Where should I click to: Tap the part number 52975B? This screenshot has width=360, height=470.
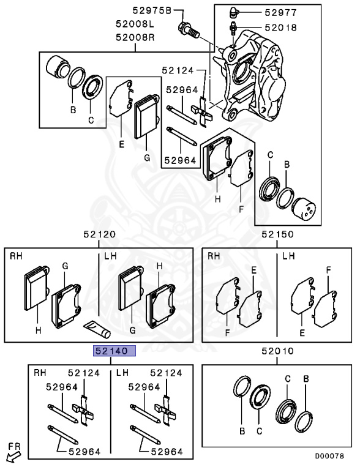pos(152,11)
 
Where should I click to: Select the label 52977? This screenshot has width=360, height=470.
pos(281,13)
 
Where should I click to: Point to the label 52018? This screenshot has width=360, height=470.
pos(281,28)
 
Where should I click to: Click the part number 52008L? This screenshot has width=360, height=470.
pos(135,24)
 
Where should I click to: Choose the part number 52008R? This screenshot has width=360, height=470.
pos(135,38)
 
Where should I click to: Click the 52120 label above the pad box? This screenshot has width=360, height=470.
pos(99,234)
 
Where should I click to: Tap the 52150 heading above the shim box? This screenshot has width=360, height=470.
pos(277,234)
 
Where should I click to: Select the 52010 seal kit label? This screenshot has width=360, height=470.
pos(277,351)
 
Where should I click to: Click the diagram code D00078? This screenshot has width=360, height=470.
pos(329,456)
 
